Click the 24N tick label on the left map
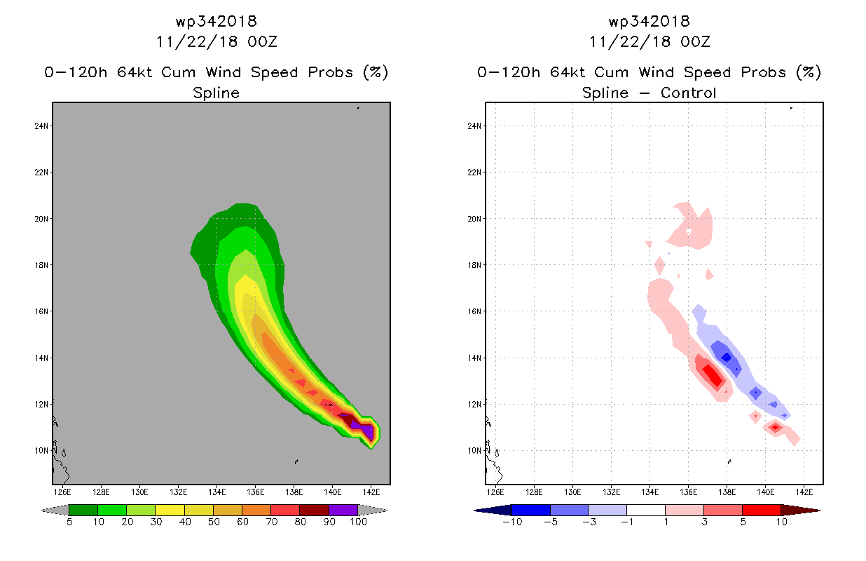coord(41,126)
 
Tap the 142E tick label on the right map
coord(804,492)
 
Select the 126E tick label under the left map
coord(62,492)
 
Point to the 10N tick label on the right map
coord(474,451)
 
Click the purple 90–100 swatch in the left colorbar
coord(343,510)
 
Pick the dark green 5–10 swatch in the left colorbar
coord(83,510)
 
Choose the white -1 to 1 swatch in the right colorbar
coord(645,510)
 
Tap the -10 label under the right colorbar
coord(512,522)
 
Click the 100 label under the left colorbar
coord(358,522)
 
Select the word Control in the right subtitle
coord(688,93)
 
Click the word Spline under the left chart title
coord(216,93)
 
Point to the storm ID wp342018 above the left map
coord(216,21)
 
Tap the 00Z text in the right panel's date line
coord(695,41)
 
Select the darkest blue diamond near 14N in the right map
coord(727,358)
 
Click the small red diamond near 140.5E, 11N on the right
coord(775,428)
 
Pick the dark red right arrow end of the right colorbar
coord(800,511)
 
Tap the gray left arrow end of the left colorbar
coord(55,511)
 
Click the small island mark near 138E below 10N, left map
coord(296,461)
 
